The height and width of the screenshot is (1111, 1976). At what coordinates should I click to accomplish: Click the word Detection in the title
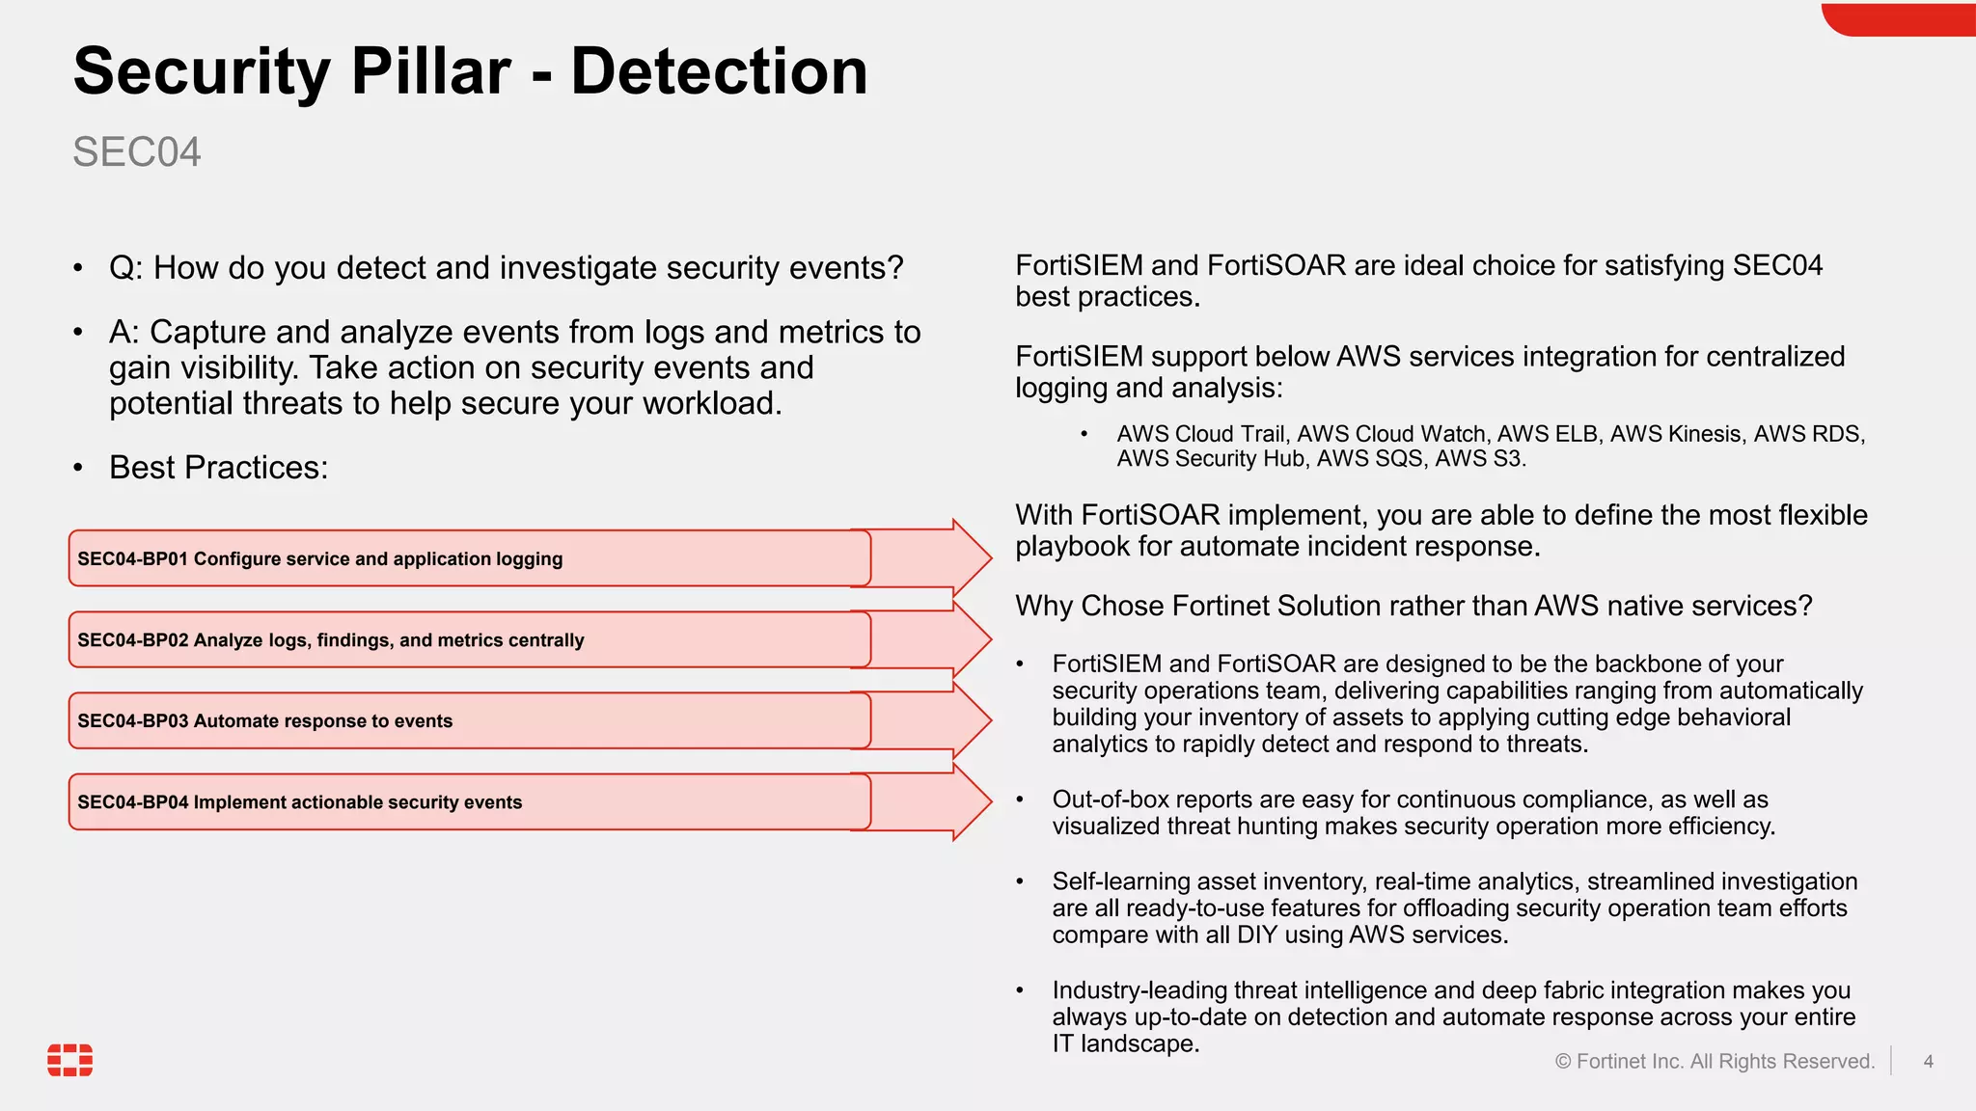coord(719,72)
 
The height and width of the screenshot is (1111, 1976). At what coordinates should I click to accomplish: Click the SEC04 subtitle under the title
coord(137,152)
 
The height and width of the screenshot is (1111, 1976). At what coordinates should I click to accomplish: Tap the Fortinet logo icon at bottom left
coord(70,1059)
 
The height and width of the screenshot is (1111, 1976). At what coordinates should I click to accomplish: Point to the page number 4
coord(1928,1062)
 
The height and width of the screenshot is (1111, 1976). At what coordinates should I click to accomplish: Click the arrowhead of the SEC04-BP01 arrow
coord(970,557)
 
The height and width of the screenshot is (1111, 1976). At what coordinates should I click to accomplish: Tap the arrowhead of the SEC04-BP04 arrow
coord(970,800)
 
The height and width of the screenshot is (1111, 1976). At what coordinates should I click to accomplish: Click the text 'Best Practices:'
coord(218,468)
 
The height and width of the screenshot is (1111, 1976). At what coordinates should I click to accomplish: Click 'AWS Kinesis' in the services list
coord(1676,434)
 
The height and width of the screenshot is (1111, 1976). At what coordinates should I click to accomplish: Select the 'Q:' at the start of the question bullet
coord(125,268)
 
